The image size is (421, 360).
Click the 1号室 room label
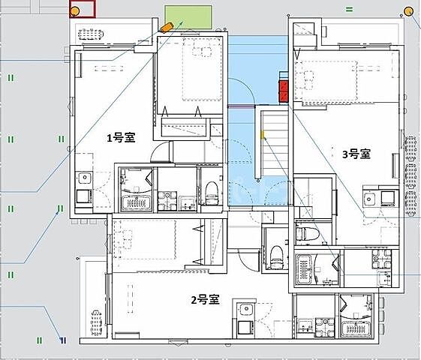click(122, 138)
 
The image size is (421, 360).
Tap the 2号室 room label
click(206, 299)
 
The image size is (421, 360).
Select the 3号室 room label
click(356, 154)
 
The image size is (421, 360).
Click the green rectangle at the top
click(188, 17)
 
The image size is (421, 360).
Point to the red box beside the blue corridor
click(284, 91)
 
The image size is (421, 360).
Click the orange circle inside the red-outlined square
click(75, 11)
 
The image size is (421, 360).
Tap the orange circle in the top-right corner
click(409, 12)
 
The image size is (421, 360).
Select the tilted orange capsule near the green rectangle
click(167, 27)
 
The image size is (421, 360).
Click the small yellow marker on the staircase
click(263, 134)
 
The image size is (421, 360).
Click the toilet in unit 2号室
click(276, 256)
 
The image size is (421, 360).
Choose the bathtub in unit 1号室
click(136, 203)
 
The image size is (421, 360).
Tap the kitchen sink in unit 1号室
click(85, 178)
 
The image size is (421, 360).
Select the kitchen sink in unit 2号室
click(245, 310)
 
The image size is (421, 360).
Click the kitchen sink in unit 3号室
click(370, 199)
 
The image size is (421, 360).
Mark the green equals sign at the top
click(349, 10)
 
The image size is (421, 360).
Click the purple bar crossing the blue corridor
click(242, 106)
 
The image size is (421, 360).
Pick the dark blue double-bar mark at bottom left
click(63, 340)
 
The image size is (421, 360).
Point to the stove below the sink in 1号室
click(84, 196)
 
